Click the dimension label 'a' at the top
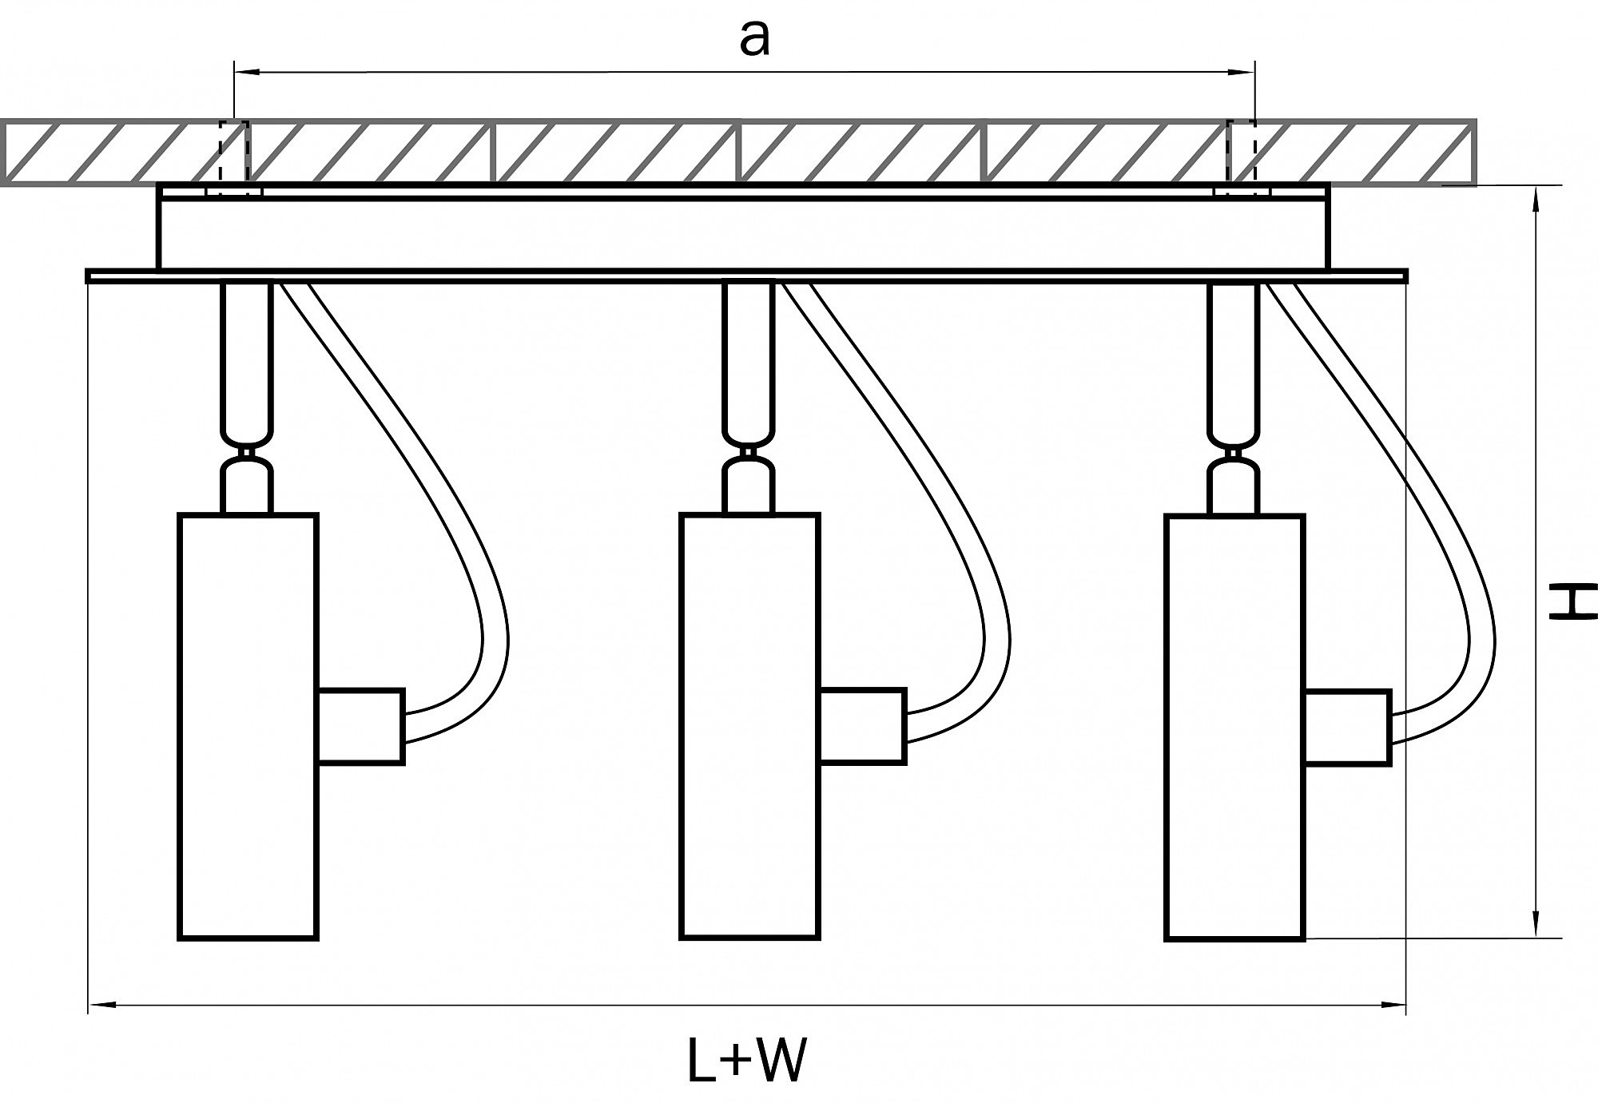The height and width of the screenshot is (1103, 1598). (x=754, y=38)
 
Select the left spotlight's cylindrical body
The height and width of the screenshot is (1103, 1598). (x=248, y=726)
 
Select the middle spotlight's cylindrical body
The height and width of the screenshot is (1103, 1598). (x=749, y=726)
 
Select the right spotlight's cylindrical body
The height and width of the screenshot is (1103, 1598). (x=1234, y=728)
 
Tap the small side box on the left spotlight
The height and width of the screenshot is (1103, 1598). (x=361, y=726)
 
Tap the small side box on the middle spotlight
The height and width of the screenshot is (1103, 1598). (x=863, y=726)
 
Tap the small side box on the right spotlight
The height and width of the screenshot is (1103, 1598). (x=1348, y=728)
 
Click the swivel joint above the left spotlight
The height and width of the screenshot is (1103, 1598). (x=248, y=454)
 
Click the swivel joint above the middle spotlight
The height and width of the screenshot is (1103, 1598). (x=749, y=453)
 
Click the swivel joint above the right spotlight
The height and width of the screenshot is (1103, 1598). (x=1234, y=454)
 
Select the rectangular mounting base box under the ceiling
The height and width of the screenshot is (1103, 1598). (x=743, y=233)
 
